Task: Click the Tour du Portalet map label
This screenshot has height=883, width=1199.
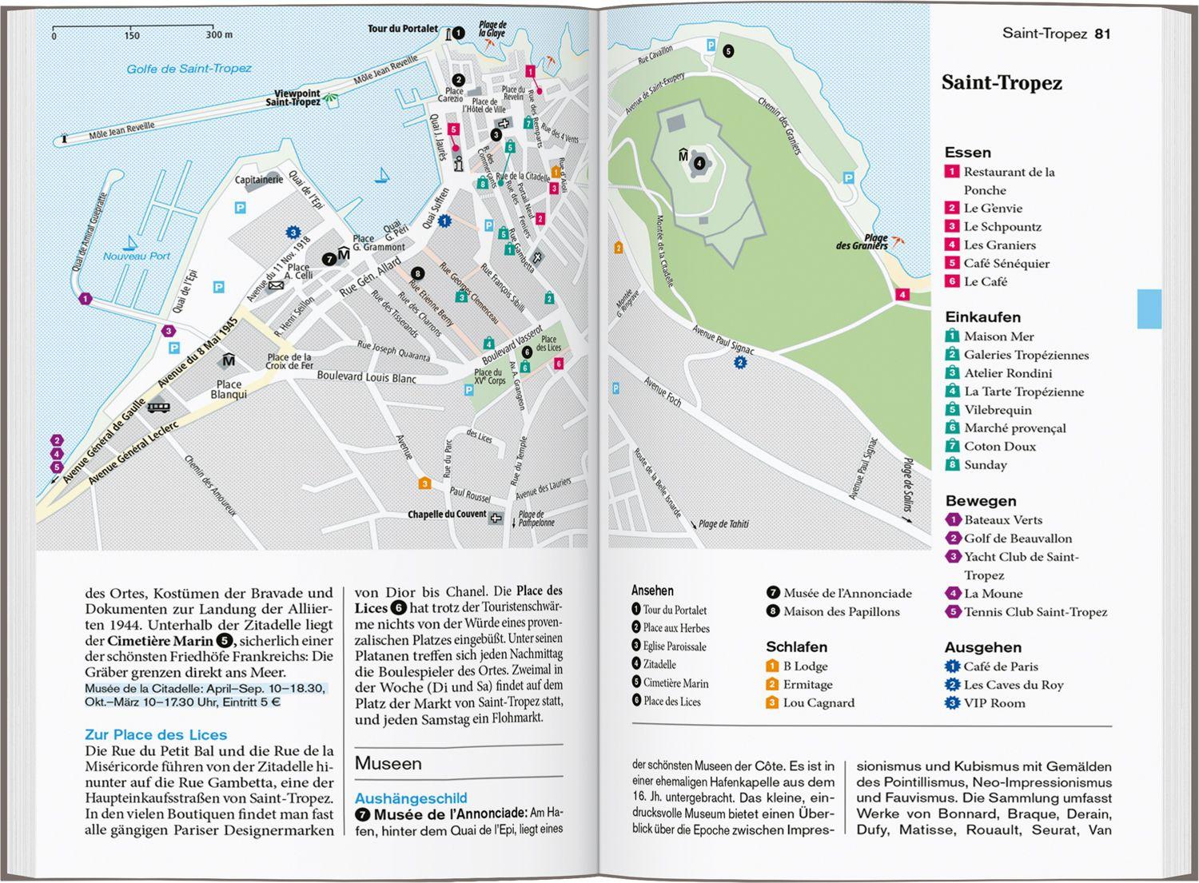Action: coord(402,29)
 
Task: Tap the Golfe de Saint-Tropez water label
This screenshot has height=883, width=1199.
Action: coord(189,69)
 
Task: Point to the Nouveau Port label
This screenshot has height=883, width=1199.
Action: coord(137,257)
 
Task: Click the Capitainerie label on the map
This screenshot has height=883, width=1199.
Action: coord(258,180)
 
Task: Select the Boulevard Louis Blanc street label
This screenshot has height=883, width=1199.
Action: coord(366,376)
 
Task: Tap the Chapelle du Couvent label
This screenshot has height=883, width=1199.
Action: coord(447,515)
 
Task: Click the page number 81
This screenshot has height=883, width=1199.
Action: coord(1102,34)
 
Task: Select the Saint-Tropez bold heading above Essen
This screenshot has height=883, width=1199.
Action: coord(1002,83)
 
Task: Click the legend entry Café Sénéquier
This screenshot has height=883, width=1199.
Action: coord(1006,264)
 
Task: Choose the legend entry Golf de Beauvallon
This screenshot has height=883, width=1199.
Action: coord(1018,539)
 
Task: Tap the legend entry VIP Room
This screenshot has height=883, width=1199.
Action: coord(994,703)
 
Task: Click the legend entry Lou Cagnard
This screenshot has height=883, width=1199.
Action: coord(819,703)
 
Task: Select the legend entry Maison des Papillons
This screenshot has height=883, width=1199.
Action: coord(841,612)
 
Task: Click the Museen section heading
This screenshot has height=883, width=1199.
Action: coord(388,764)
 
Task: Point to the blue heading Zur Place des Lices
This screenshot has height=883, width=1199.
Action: coord(156,735)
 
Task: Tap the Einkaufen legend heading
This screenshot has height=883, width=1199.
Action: coord(982,317)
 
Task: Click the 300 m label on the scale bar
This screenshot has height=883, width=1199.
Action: coord(219,35)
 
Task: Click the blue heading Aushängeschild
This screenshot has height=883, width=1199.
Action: coord(411,798)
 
